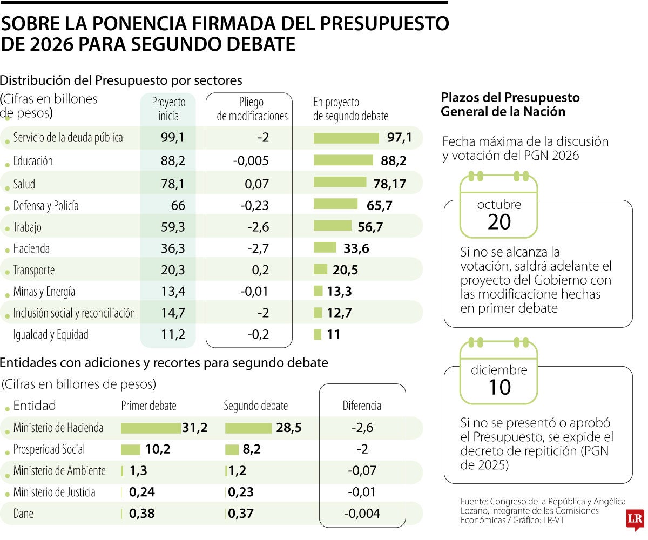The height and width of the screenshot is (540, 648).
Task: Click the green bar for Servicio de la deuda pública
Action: (346, 138)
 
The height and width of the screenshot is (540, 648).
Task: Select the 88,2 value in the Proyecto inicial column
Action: (173, 161)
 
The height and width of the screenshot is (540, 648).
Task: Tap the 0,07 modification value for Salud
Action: (256, 185)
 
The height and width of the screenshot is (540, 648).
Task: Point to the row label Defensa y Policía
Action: (46, 206)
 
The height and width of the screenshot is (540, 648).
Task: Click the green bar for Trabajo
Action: (332, 226)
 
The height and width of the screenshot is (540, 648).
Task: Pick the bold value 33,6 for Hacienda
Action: (356, 248)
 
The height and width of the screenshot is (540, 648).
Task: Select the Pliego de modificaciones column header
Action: (252, 109)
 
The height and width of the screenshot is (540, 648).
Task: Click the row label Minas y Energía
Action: (44, 292)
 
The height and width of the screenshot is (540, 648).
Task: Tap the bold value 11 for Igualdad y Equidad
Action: (334, 335)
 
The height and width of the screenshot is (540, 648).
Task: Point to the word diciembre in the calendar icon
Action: (499, 370)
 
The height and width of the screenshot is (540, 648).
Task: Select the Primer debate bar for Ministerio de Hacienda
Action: (151, 428)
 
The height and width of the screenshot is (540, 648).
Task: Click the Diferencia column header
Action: (362, 406)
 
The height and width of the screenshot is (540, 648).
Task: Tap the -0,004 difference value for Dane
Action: (362, 514)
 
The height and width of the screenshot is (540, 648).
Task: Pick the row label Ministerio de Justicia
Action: (54, 492)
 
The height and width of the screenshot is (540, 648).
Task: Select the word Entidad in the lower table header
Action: (35, 406)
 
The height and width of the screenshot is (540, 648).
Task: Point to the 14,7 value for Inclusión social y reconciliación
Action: (173, 313)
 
